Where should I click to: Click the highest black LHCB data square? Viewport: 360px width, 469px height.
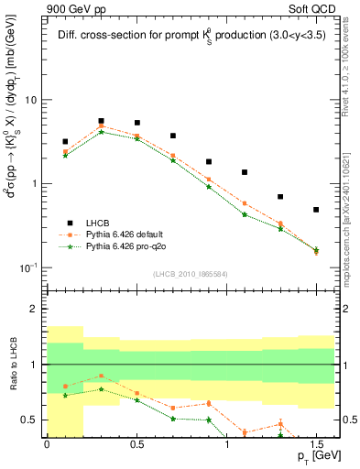101,121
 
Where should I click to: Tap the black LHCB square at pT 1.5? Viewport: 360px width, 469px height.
316,210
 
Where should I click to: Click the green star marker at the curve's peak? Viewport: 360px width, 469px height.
101,132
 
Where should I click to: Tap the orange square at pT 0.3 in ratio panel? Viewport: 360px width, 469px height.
101,376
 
